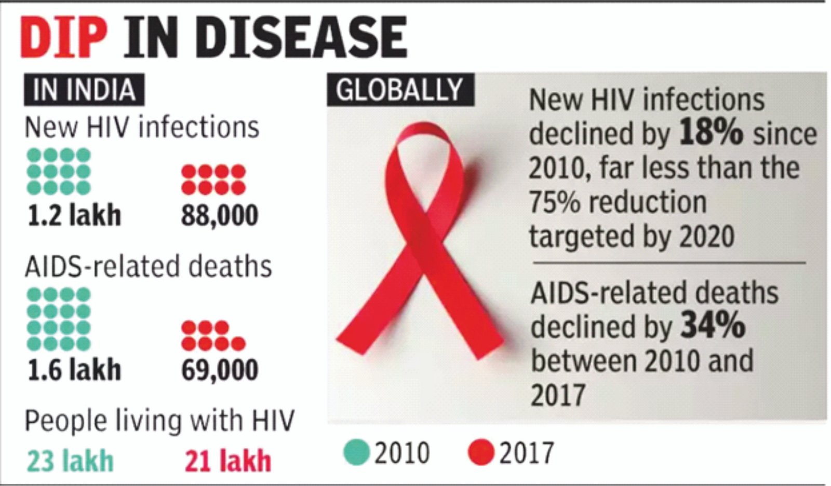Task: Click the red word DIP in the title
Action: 63,37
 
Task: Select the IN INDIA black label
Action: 84,90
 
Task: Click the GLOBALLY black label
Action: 399,90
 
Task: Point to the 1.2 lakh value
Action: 74,215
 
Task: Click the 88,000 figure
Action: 219,215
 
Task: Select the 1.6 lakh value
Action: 74,370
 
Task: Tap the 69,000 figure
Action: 219,370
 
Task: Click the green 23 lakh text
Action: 70,461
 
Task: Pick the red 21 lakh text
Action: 228,461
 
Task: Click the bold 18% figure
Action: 711,133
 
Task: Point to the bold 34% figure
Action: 713,326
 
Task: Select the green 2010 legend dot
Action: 356,452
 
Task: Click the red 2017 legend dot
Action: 481,452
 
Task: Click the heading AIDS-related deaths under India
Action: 148,266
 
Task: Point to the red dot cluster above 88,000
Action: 213,179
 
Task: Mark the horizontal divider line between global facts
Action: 669,263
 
